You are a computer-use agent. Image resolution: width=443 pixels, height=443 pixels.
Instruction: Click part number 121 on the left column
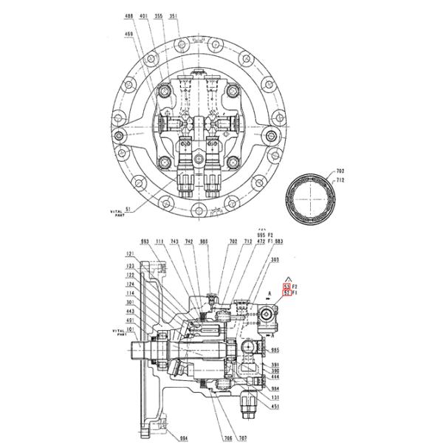click(x=130, y=253)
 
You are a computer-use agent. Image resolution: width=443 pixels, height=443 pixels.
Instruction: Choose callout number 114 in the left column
click(x=130, y=294)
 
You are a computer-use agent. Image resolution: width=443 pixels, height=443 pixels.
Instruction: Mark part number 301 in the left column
click(x=130, y=302)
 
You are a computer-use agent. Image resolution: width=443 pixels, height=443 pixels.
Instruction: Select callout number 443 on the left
click(x=130, y=311)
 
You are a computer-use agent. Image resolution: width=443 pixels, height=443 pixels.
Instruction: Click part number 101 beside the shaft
click(x=130, y=329)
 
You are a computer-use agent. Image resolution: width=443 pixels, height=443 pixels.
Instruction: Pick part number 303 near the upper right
click(x=275, y=260)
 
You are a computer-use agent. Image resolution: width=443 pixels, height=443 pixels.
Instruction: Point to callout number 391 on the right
click(x=275, y=364)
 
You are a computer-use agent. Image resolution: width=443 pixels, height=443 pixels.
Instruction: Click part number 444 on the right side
click(x=275, y=377)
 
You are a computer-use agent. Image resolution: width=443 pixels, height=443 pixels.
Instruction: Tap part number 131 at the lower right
click(x=275, y=396)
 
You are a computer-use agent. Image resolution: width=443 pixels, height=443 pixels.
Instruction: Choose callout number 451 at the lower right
click(x=275, y=405)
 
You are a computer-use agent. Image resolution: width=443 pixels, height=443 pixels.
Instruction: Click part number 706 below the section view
click(x=228, y=438)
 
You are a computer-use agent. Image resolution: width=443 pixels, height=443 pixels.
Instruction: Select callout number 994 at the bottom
click(x=185, y=438)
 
